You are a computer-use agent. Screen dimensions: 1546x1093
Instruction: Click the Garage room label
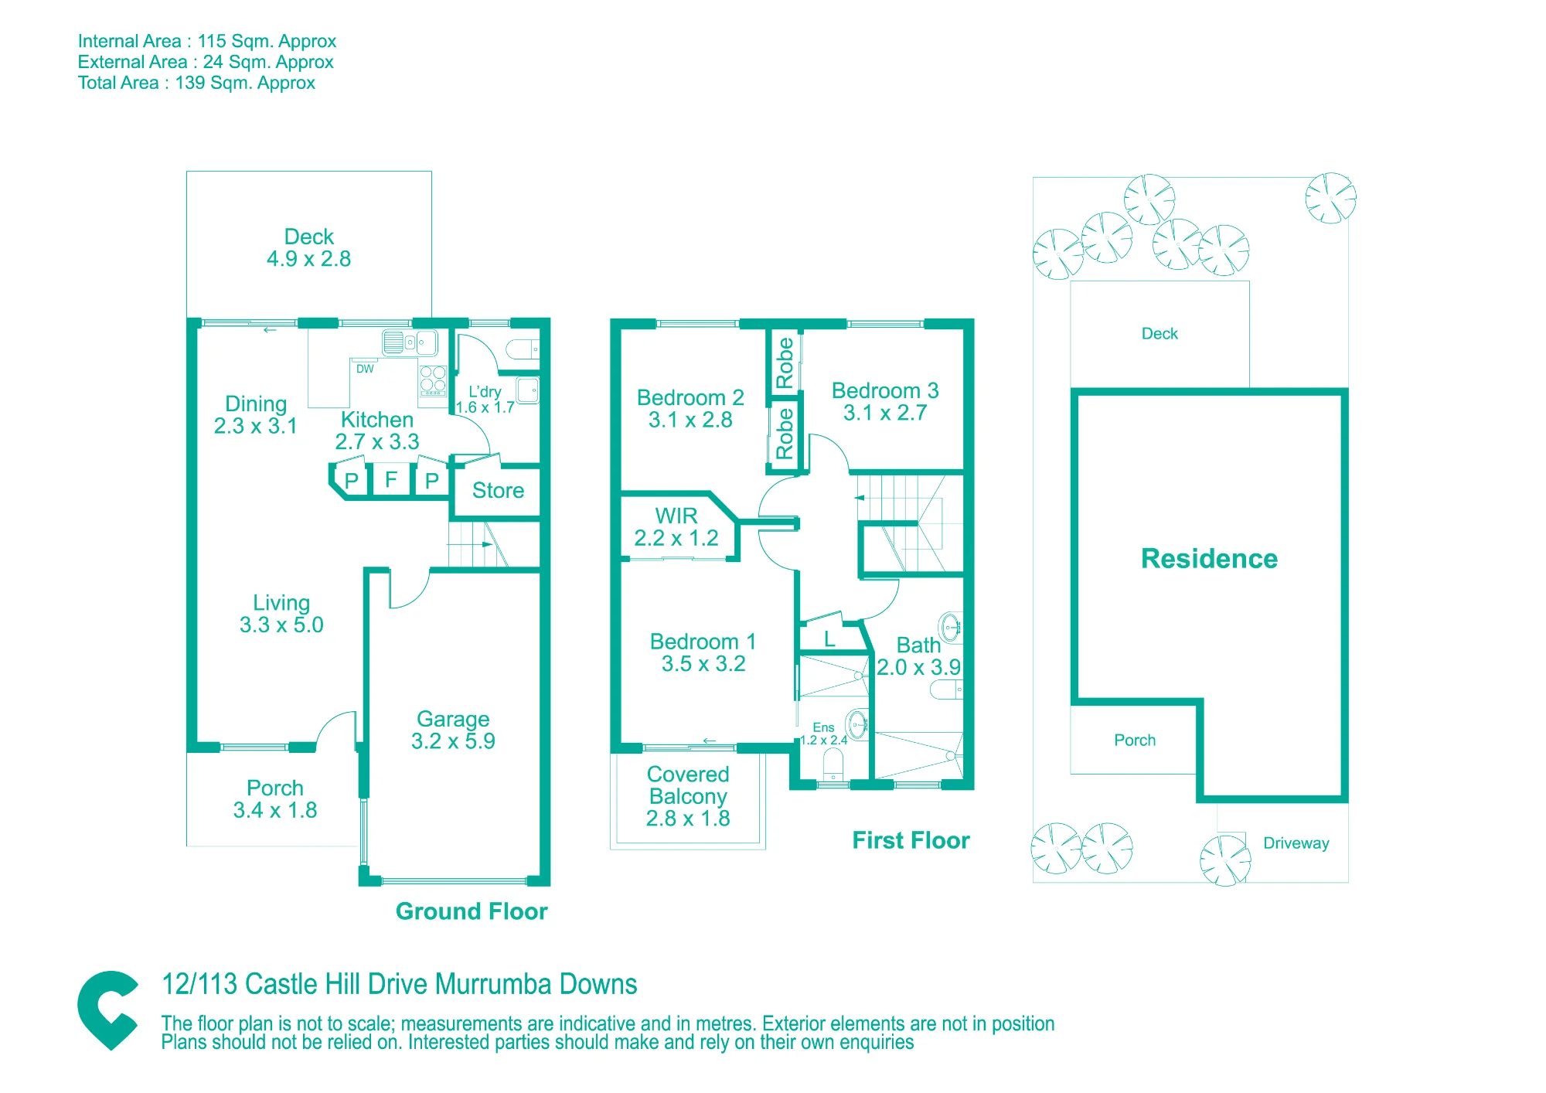point(453,719)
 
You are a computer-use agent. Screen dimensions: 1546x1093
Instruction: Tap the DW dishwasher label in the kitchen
point(365,369)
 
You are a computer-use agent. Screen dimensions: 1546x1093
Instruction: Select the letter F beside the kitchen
point(391,479)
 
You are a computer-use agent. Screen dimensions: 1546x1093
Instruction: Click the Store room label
point(498,490)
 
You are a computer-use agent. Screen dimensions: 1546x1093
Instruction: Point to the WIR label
point(676,516)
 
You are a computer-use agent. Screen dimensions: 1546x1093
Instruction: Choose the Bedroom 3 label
point(885,390)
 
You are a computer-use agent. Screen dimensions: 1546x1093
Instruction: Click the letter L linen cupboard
point(829,639)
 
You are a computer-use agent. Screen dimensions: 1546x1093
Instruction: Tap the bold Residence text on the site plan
point(1209,558)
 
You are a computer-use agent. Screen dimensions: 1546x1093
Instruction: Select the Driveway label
point(1296,843)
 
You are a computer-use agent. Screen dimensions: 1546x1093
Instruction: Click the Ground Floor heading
point(472,911)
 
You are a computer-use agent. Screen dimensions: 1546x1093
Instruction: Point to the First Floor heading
point(911,840)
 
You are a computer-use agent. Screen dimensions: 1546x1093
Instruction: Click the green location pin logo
point(108,1010)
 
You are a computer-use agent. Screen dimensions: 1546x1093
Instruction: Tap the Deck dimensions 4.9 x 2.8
point(308,259)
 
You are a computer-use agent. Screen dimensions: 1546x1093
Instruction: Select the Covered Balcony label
point(688,785)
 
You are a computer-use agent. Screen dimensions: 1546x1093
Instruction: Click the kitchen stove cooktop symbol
point(433,379)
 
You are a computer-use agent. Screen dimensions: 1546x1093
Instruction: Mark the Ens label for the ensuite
point(823,727)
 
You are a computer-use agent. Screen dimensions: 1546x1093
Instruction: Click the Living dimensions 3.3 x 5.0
point(281,625)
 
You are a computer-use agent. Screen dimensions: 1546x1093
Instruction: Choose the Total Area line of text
point(196,83)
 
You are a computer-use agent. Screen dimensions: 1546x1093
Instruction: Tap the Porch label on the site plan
point(1135,740)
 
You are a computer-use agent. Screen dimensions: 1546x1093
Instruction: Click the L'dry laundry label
point(485,392)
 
